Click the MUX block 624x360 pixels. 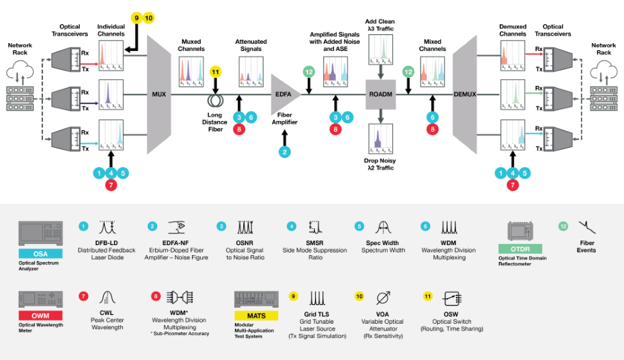pos(159,95)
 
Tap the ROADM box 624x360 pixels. pos(380,95)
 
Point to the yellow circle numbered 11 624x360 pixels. pos(216,71)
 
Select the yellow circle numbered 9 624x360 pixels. pos(136,18)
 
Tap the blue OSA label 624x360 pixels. pos(41,253)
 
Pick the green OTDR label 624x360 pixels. pos(520,249)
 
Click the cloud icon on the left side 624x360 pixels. pos(22,70)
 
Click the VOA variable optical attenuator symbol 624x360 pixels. pos(384,298)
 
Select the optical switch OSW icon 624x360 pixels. pos(453,299)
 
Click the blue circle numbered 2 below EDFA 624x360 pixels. pos(285,152)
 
